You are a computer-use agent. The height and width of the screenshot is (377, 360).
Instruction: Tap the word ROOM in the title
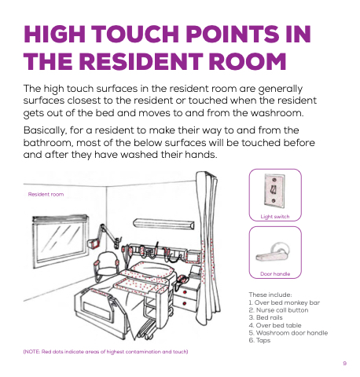[248, 61]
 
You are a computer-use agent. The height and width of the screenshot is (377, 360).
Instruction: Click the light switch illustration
[274, 191]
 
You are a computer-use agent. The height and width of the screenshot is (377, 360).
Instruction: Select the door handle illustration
[273, 252]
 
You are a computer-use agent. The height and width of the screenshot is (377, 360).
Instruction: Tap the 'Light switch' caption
[275, 217]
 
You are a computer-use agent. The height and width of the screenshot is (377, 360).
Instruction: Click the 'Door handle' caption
[275, 274]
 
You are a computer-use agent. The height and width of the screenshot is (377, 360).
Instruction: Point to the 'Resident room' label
[46, 194]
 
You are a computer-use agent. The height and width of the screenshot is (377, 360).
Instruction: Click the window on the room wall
[61, 241]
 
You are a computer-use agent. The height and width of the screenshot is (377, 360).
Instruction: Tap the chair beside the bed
[105, 265]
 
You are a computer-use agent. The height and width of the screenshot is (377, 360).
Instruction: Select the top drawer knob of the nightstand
[185, 291]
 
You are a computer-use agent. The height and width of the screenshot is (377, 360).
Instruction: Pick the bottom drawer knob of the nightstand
[185, 304]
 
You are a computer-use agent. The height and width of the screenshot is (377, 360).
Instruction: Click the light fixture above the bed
[163, 224]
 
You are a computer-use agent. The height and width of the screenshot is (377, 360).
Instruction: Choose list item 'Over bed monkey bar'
[285, 302]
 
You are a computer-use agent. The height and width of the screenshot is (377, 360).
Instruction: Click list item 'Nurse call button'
[278, 310]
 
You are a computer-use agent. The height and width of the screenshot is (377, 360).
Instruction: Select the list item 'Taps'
[259, 341]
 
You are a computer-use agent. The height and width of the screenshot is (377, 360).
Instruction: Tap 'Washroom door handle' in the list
[288, 333]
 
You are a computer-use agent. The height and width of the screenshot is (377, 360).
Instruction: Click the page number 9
[345, 364]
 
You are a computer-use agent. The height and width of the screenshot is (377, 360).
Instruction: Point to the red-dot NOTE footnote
[105, 352]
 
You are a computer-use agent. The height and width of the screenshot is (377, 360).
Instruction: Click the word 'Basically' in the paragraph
[44, 130]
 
